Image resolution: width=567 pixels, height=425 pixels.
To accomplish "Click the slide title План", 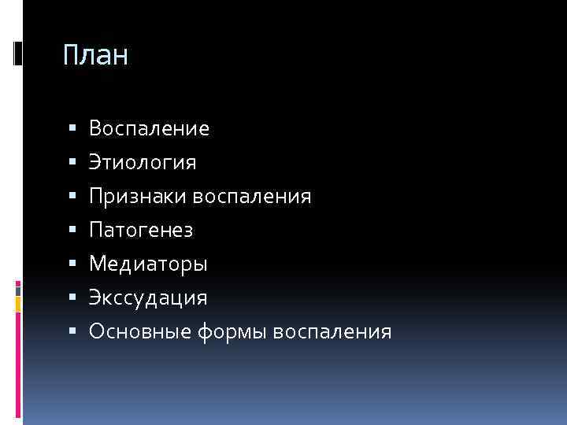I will [95, 57].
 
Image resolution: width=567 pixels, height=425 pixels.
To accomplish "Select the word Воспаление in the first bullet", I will [149, 128].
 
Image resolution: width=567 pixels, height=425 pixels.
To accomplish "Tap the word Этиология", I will [143, 162].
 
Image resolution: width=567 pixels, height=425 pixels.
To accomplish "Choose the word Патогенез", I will [140, 230].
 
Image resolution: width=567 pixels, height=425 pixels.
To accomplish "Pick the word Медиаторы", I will [148, 264].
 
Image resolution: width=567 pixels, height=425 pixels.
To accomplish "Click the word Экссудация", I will [148, 297].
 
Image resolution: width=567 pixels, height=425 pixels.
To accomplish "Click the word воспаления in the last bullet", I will [332, 331].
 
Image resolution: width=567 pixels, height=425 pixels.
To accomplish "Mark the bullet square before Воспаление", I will [72, 128].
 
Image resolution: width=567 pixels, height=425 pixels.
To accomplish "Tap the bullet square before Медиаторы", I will [72, 263].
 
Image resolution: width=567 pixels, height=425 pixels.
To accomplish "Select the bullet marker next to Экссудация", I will [72, 297].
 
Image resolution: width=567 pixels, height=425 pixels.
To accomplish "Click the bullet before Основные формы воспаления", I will [72, 331].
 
